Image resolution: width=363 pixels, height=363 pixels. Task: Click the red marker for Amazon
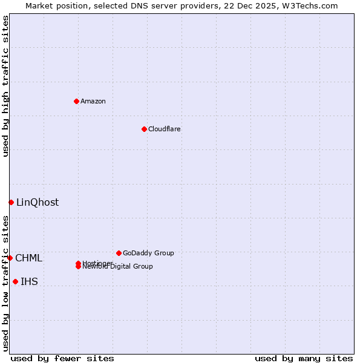pyautogui.click(x=76, y=101)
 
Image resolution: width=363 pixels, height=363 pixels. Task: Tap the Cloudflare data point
pyautogui.click(x=144, y=129)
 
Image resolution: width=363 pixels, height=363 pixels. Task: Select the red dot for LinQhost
pyautogui.click(x=11, y=202)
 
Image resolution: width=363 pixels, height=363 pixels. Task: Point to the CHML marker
pyautogui.click(x=10, y=258)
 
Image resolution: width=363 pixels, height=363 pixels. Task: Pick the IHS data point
pyautogui.click(x=15, y=281)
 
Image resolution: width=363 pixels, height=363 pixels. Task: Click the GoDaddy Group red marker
pyautogui.click(x=119, y=253)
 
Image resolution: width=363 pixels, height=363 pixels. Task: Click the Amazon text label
pyautogui.click(x=93, y=101)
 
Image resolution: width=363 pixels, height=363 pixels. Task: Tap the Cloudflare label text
pyautogui.click(x=165, y=129)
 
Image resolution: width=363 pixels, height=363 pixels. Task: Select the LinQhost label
pyautogui.click(x=38, y=203)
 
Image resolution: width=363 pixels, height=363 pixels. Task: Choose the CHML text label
pyautogui.click(x=29, y=258)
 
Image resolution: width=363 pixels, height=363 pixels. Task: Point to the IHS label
pyautogui.click(x=29, y=282)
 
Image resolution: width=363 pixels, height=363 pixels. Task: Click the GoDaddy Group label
pyautogui.click(x=148, y=253)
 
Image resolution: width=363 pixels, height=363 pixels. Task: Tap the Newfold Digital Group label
pyautogui.click(x=119, y=267)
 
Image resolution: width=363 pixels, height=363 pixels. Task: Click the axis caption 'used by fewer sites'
pyautogui.click(x=62, y=358)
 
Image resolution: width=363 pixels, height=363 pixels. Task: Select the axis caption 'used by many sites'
pyautogui.click(x=304, y=358)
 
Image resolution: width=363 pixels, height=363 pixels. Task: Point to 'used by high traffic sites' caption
pyautogui.click(x=5, y=86)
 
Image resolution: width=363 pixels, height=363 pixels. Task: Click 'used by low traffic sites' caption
pyautogui.click(x=5, y=283)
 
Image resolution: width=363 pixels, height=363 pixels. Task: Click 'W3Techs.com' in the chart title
pyautogui.click(x=311, y=5)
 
